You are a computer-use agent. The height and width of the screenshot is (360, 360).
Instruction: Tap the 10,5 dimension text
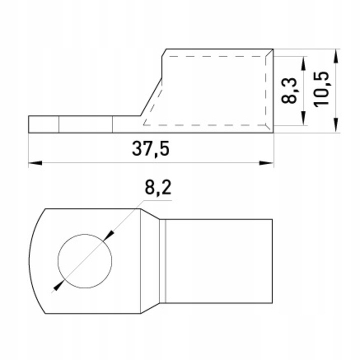click(x=321, y=88)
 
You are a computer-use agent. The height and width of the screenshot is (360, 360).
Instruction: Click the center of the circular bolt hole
click(x=85, y=260)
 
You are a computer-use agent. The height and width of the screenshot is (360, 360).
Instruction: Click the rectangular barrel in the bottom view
click(x=219, y=260)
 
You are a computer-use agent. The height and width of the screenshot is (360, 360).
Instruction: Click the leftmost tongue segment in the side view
click(x=44, y=124)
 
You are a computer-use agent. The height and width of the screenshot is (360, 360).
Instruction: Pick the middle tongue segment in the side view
click(x=85, y=124)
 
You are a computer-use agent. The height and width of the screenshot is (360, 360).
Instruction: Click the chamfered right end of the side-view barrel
click(x=270, y=90)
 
